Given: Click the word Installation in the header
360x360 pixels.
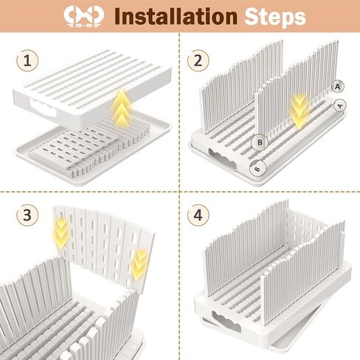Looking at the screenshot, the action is [x=176, y=16].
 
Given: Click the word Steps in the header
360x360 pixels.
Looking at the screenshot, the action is [x=275, y=17].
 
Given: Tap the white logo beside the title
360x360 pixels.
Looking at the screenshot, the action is [x=83, y=16].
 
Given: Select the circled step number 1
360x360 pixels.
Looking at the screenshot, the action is [x=27, y=60].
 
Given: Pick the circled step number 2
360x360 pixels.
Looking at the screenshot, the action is [x=198, y=60].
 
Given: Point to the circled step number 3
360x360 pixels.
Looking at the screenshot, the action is [x=27, y=215].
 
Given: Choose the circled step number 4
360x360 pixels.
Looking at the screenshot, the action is [x=198, y=215].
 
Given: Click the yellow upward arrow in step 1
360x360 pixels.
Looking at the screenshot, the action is [x=120, y=107].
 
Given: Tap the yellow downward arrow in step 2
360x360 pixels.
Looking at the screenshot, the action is [x=300, y=111].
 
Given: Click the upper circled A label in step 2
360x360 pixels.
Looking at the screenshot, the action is [x=338, y=86].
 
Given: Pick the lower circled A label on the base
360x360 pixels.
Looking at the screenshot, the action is [x=340, y=105].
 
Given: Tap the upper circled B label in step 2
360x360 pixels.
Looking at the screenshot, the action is [x=260, y=142].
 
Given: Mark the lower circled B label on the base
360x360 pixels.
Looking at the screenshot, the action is [x=257, y=169].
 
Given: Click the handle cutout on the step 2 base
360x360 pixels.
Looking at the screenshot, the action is [x=222, y=159].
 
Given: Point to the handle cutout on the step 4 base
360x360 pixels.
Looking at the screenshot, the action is [x=226, y=321].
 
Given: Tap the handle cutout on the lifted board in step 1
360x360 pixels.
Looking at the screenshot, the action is [x=42, y=108].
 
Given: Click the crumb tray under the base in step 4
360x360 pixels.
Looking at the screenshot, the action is [x=283, y=337].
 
